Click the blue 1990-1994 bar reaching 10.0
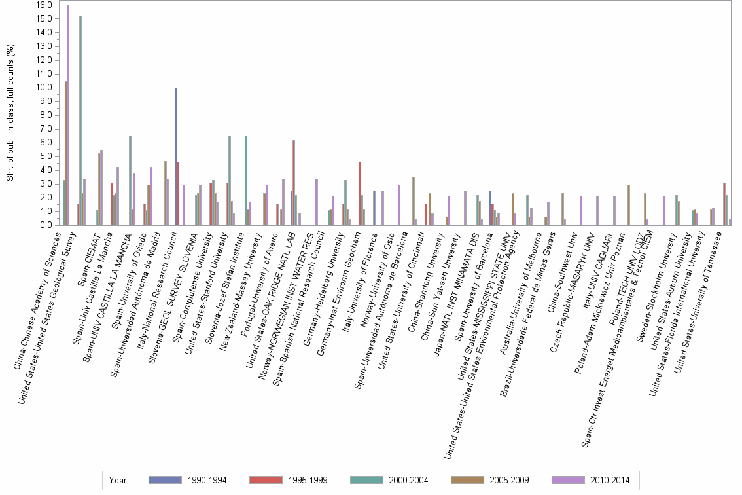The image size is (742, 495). (175, 156)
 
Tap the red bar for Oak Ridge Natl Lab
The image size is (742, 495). (294, 183)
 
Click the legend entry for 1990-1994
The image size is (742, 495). (188, 480)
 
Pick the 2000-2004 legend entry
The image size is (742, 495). (390, 480)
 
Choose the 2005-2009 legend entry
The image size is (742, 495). (491, 480)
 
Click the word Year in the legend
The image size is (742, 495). (118, 480)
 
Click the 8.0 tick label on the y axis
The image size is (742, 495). (45, 115)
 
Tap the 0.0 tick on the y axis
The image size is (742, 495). (45, 225)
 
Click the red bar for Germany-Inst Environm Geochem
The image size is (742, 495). (360, 193)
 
